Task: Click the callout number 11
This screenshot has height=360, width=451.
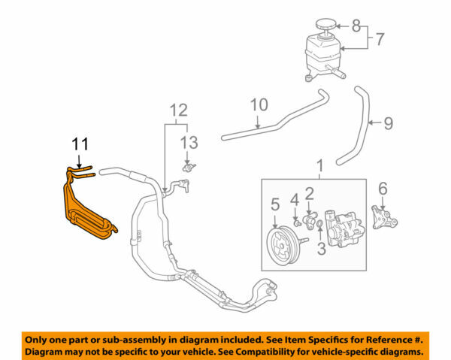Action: (79, 143)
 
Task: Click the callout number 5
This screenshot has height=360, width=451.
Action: (275, 203)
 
